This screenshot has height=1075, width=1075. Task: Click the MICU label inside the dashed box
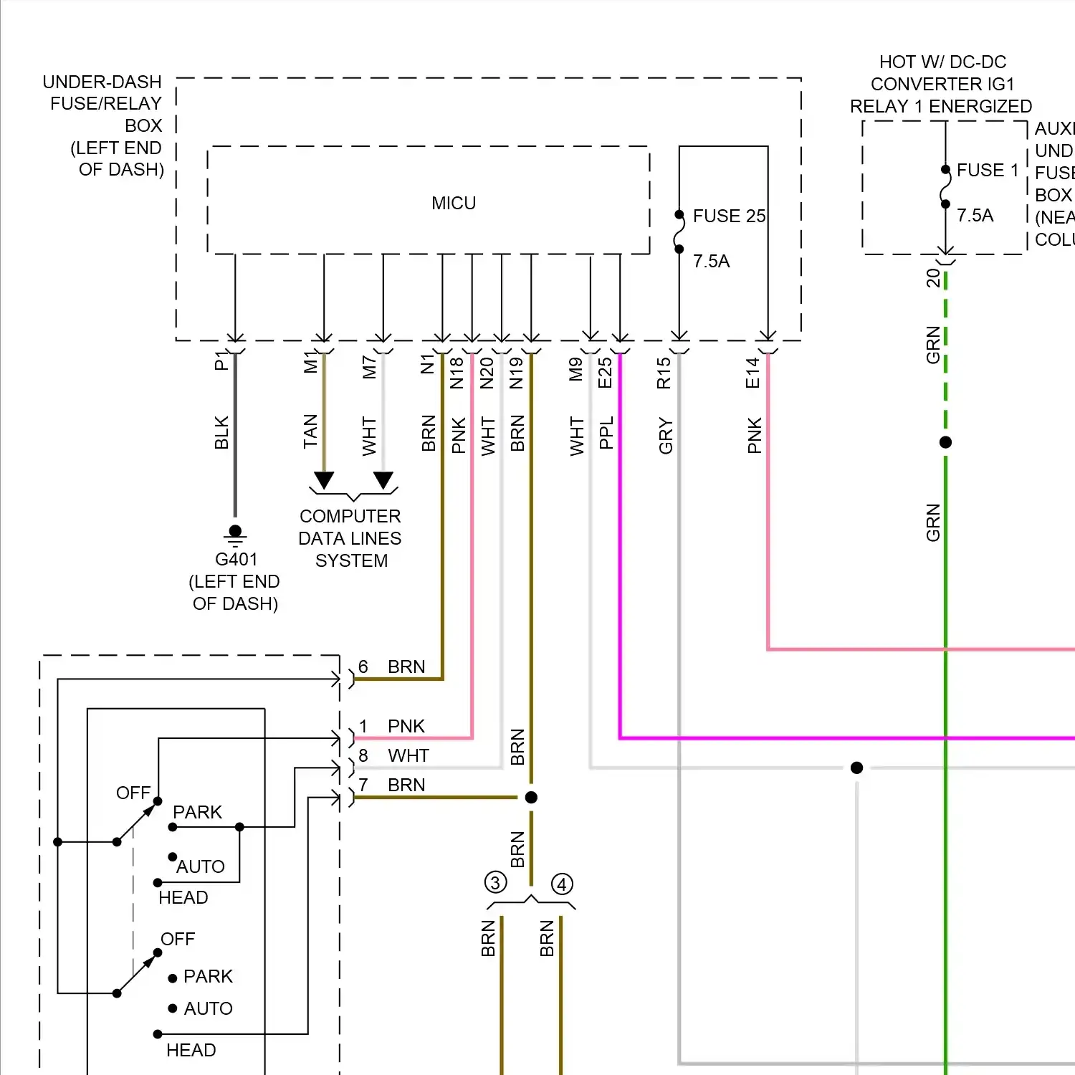point(454,204)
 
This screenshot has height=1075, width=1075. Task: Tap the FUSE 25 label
point(729,216)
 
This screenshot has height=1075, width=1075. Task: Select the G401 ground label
point(236,560)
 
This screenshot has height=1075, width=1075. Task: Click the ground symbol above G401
point(235,534)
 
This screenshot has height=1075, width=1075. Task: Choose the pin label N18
point(457,373)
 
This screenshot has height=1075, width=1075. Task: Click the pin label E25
point(606,373)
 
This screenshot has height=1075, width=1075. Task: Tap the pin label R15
point(664,373)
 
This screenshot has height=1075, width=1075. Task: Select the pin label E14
point(752,373)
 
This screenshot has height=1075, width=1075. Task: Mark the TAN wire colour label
point(310,431)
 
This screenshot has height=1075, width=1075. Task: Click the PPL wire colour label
point(606,433)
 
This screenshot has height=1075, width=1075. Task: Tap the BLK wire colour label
point(221,433)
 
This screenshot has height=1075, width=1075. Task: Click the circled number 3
point(495,882)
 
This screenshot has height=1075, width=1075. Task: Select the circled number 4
point(562,884)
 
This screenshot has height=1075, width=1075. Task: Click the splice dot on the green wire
point(946,443)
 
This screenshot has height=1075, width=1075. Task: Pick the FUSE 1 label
point(988,171)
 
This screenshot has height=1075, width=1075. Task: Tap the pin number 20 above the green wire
point(933,278)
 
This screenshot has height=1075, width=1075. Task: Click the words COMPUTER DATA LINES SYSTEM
point(350,538)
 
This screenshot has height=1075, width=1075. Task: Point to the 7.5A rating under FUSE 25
point(711,262)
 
